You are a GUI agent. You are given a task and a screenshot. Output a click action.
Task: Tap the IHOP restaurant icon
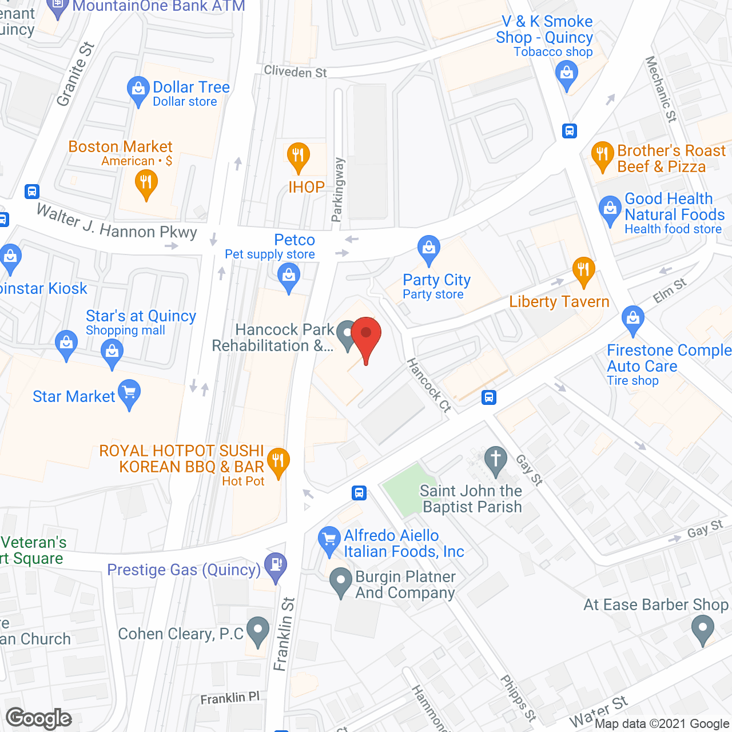click(x=298, y=156)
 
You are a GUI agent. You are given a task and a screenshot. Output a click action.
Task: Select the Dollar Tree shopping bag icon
click(x=138, y=90)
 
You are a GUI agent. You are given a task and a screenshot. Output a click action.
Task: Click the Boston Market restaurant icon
click(x=146, y=184)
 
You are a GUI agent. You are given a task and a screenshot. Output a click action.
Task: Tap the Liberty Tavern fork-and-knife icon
click(x=583, y=270)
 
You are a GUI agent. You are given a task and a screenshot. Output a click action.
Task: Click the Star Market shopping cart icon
click(x=129, y=393)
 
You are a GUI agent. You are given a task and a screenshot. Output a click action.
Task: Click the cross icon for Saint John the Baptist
click(x=495, y=460)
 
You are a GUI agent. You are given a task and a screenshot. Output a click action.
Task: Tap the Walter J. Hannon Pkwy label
click(x=117, y=224)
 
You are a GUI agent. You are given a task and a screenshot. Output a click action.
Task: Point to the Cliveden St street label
click(x=295, y=72)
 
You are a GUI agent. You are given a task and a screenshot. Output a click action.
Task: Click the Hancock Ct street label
click(x=429, y=385)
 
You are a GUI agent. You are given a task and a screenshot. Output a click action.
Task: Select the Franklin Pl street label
click(x=230, y=698)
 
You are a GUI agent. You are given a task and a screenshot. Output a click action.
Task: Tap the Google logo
click(x=39, y=718)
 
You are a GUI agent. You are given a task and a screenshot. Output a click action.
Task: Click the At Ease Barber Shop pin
click(x=702, y=630)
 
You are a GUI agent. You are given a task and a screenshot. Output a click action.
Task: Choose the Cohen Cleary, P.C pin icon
click(x=257, y=631)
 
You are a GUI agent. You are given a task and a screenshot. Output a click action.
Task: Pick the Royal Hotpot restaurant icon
click(x=278, y=462)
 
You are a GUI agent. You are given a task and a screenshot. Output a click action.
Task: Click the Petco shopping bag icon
click(x=289, y=277)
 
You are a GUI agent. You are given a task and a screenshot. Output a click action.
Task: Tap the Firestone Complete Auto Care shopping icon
click(x=632, y=319)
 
